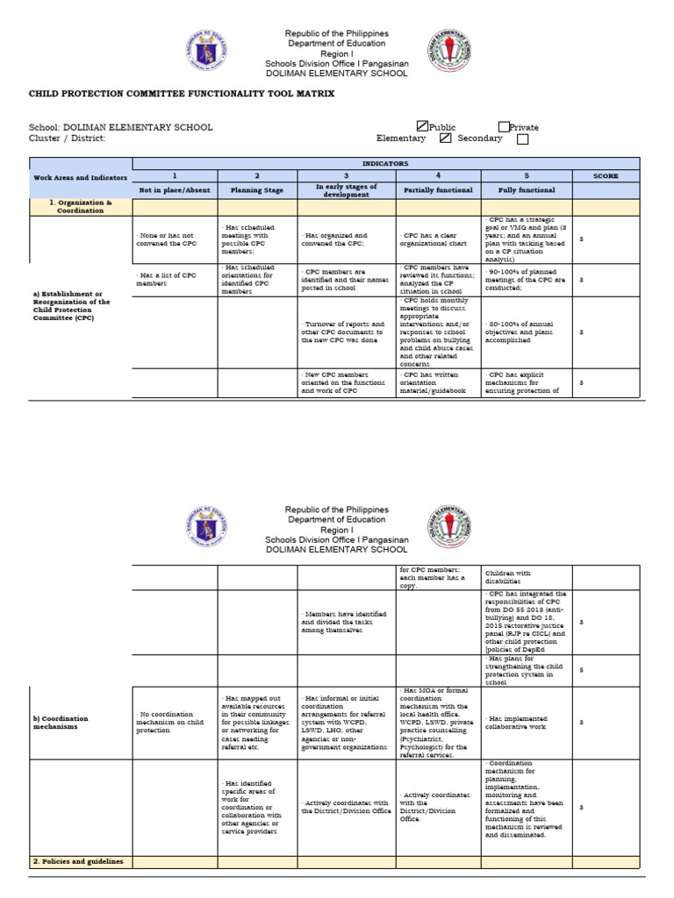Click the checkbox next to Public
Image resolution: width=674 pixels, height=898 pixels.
tap(422, 127)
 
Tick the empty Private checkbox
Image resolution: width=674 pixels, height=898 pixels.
tap(504, 127)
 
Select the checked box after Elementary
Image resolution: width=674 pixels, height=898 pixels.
tap(446, 139)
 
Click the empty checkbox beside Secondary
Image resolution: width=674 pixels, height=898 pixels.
tap(523, 139)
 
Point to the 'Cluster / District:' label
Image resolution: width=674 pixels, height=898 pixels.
tap(67, 139)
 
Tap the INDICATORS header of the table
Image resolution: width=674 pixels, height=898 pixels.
tap(386, 164)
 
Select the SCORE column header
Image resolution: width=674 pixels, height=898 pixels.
tap(606, 176)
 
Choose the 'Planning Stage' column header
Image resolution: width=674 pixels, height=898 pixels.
tap(257, 189)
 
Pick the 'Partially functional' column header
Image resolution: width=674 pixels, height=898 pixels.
tap(438, 189)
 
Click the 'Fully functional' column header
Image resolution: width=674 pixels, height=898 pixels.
tap(527, 189)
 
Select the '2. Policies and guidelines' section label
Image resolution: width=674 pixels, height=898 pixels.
tap(79, 861)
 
